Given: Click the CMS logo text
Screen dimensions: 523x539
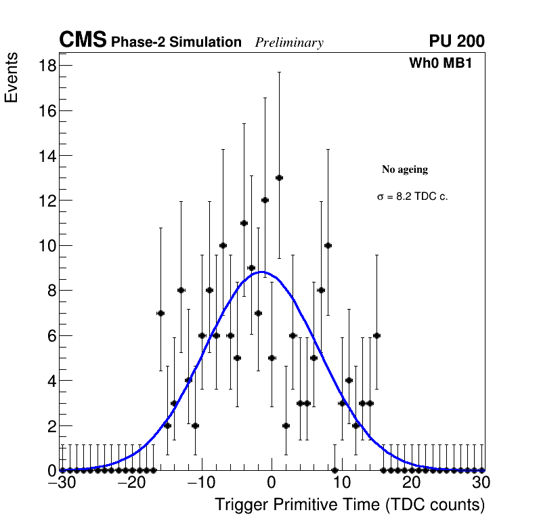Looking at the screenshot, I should coord(83,41).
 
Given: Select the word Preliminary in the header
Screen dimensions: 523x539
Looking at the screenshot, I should coord(289,43).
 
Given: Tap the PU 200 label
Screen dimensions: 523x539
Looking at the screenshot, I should coord(456,41).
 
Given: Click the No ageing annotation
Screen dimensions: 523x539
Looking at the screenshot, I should coord(405,169).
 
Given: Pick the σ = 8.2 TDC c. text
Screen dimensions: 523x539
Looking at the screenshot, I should coord(412,196).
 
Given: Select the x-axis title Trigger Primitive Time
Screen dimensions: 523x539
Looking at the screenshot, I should coord(349,505).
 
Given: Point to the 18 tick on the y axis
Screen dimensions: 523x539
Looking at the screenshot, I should coord(46,65).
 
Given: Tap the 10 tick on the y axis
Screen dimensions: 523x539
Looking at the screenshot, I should coord(46,245).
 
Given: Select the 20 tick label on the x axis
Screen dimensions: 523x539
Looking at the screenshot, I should coord(411,483).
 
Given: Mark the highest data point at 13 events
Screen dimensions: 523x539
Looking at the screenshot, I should coord(279,177).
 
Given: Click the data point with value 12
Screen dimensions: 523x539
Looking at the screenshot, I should coord(265,200).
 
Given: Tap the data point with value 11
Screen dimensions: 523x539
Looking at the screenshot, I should coord(244,223).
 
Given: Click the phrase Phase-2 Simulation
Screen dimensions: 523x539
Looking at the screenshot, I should coord(176,43).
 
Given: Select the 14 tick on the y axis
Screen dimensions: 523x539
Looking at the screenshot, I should coord(46,155).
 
